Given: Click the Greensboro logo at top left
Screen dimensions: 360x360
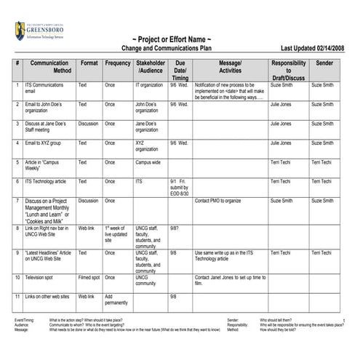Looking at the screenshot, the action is point(44,31).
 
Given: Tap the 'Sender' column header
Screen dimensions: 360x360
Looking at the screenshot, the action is point(324,64).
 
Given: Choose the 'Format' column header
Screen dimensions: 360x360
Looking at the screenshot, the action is point(89,64).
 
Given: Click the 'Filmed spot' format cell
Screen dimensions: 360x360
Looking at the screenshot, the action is point(89,277).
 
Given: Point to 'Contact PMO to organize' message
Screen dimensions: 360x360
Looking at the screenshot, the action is point(217,201).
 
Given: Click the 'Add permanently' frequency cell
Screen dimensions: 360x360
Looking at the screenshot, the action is point(117,300).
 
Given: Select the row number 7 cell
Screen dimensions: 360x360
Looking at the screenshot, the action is point(17,201).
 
